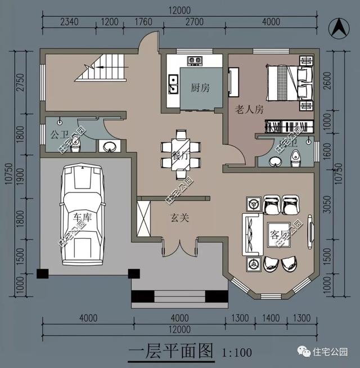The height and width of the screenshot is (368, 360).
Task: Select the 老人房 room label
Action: pos(249,110)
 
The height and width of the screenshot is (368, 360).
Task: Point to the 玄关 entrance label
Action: pos(180,218)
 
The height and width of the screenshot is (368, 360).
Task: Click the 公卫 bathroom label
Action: pos(58,134)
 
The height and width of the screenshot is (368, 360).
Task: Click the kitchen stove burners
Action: pos(195,59)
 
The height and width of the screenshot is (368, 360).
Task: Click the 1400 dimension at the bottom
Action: pos(272,318)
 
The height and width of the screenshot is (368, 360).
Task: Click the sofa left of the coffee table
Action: pos(247,234)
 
